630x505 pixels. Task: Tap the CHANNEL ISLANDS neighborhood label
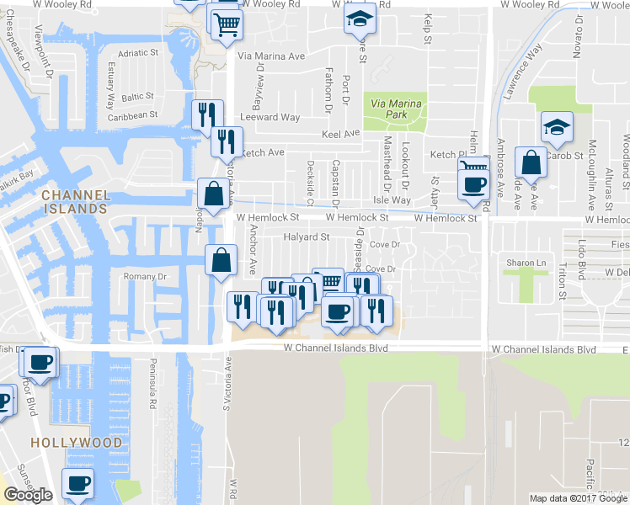(x=76, y=201)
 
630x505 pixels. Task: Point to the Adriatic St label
(x=138, y=53)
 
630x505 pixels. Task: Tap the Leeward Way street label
(x=270, y=118)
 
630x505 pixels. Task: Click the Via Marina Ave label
(x=271, y=56)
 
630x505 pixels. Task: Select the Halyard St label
(x=306, y=237)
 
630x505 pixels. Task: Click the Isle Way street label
(x=392, y=200)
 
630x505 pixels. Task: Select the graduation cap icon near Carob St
(x=557, y=126)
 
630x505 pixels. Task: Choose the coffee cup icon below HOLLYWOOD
(x=78, y=483)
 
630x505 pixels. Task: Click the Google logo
(x=28, y=495)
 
